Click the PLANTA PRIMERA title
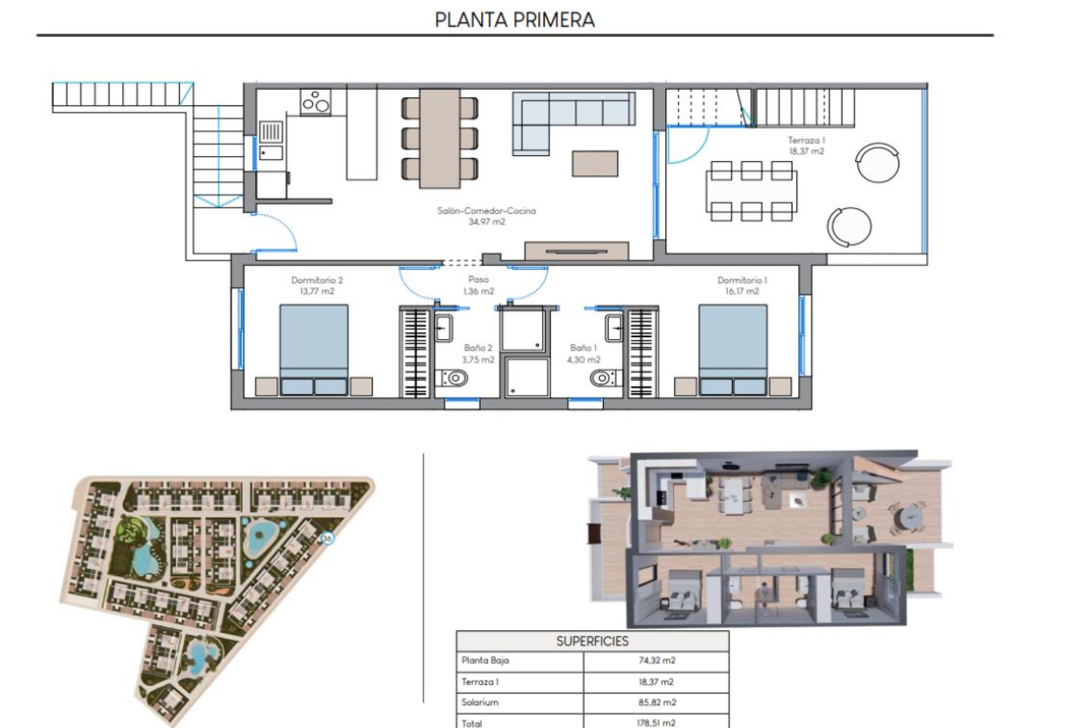tap(514, 20)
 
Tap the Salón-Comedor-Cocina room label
tap(486, 216)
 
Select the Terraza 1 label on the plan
tap(806, 146)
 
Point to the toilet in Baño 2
tap(453, 378)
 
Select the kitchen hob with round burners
tap(316, 102)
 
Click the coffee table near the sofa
tap(595, 164)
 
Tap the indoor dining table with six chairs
tap(440, 138)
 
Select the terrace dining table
tap(751, 191)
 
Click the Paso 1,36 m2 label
tap(478, 285)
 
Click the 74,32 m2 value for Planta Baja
tap(657, 661)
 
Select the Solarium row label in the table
tap(480, 702)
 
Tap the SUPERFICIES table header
tap(592, 642)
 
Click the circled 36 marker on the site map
tap(327, 538)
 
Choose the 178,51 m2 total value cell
tap(656, 723)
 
